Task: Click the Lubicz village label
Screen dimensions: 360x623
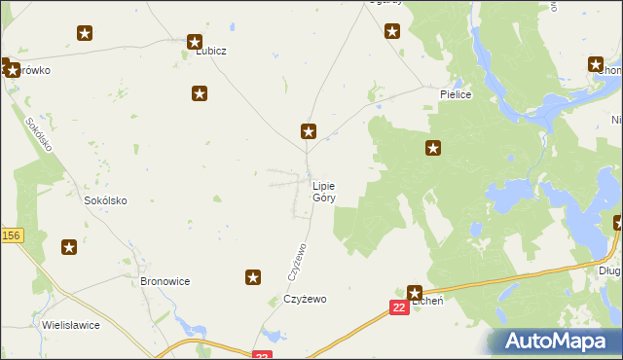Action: (x=210, y=51)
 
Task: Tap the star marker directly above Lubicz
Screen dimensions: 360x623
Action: (x=194, y=43)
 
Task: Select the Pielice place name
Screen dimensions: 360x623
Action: (x=456, y=95)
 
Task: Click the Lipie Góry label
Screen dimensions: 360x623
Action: (x=325, y=191)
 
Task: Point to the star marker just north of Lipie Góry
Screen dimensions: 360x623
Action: (x=309, y=131)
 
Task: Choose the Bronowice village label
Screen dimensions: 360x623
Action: (x=165, y=281)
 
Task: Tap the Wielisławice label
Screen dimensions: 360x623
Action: (x=71, y=325)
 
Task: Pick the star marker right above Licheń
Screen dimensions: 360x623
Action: (x=415, y=291)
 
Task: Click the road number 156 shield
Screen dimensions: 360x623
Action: (x=11, y=235)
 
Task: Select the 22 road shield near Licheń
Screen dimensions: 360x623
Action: (x=399, y=307)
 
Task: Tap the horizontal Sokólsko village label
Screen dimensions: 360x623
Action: (x=106, y=200)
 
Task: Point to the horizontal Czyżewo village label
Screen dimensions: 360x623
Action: (x=306, y=300)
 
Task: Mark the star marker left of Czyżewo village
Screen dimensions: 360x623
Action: (x=253, y=278)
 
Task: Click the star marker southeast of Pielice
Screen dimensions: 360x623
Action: (x=433, y=149)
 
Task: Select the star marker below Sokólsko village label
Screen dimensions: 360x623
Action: (x=70, y=247)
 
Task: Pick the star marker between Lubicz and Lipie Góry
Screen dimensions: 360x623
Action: (x=200, y=94)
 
